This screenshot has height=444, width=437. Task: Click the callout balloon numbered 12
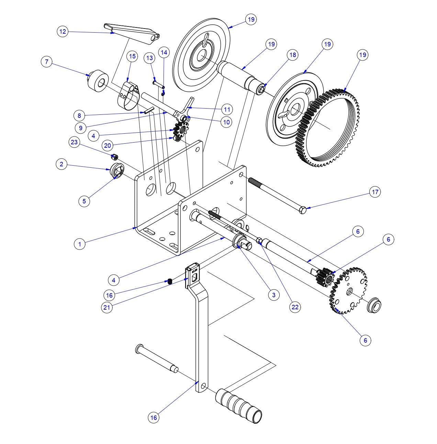coord(63,32)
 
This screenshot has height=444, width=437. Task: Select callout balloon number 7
coord(47,62)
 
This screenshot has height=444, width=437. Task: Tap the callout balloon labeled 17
coord(375,192)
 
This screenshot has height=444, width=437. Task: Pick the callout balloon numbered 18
coord(292,55)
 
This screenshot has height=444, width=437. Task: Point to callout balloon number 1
coord(80,244)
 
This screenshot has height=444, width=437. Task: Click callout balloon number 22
coord(295,307)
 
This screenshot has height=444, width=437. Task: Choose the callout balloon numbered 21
coord(107,307)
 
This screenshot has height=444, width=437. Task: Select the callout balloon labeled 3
coord(273,295)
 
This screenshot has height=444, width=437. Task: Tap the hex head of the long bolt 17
coord(303,210)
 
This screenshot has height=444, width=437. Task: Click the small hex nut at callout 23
coord(115,157)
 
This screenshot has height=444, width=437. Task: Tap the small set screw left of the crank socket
coord(169,281)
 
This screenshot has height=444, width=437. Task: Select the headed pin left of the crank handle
coord(156,358)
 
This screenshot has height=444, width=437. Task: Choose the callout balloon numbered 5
coord(85,201)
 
